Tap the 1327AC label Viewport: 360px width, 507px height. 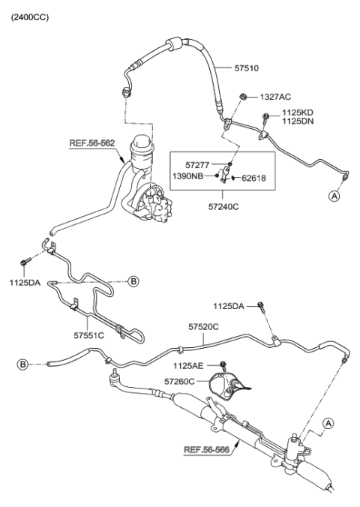[x=275, y=97]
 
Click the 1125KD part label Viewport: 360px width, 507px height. [x=298, y=112]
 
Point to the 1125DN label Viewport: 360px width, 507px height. [x=298, y=121]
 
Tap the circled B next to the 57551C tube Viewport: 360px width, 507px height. [x=133, y=281]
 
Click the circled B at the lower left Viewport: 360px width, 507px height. [x=25, y=364]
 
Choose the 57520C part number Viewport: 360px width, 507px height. [x=203, y=327]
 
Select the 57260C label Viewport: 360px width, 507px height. [x=181, y=382]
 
